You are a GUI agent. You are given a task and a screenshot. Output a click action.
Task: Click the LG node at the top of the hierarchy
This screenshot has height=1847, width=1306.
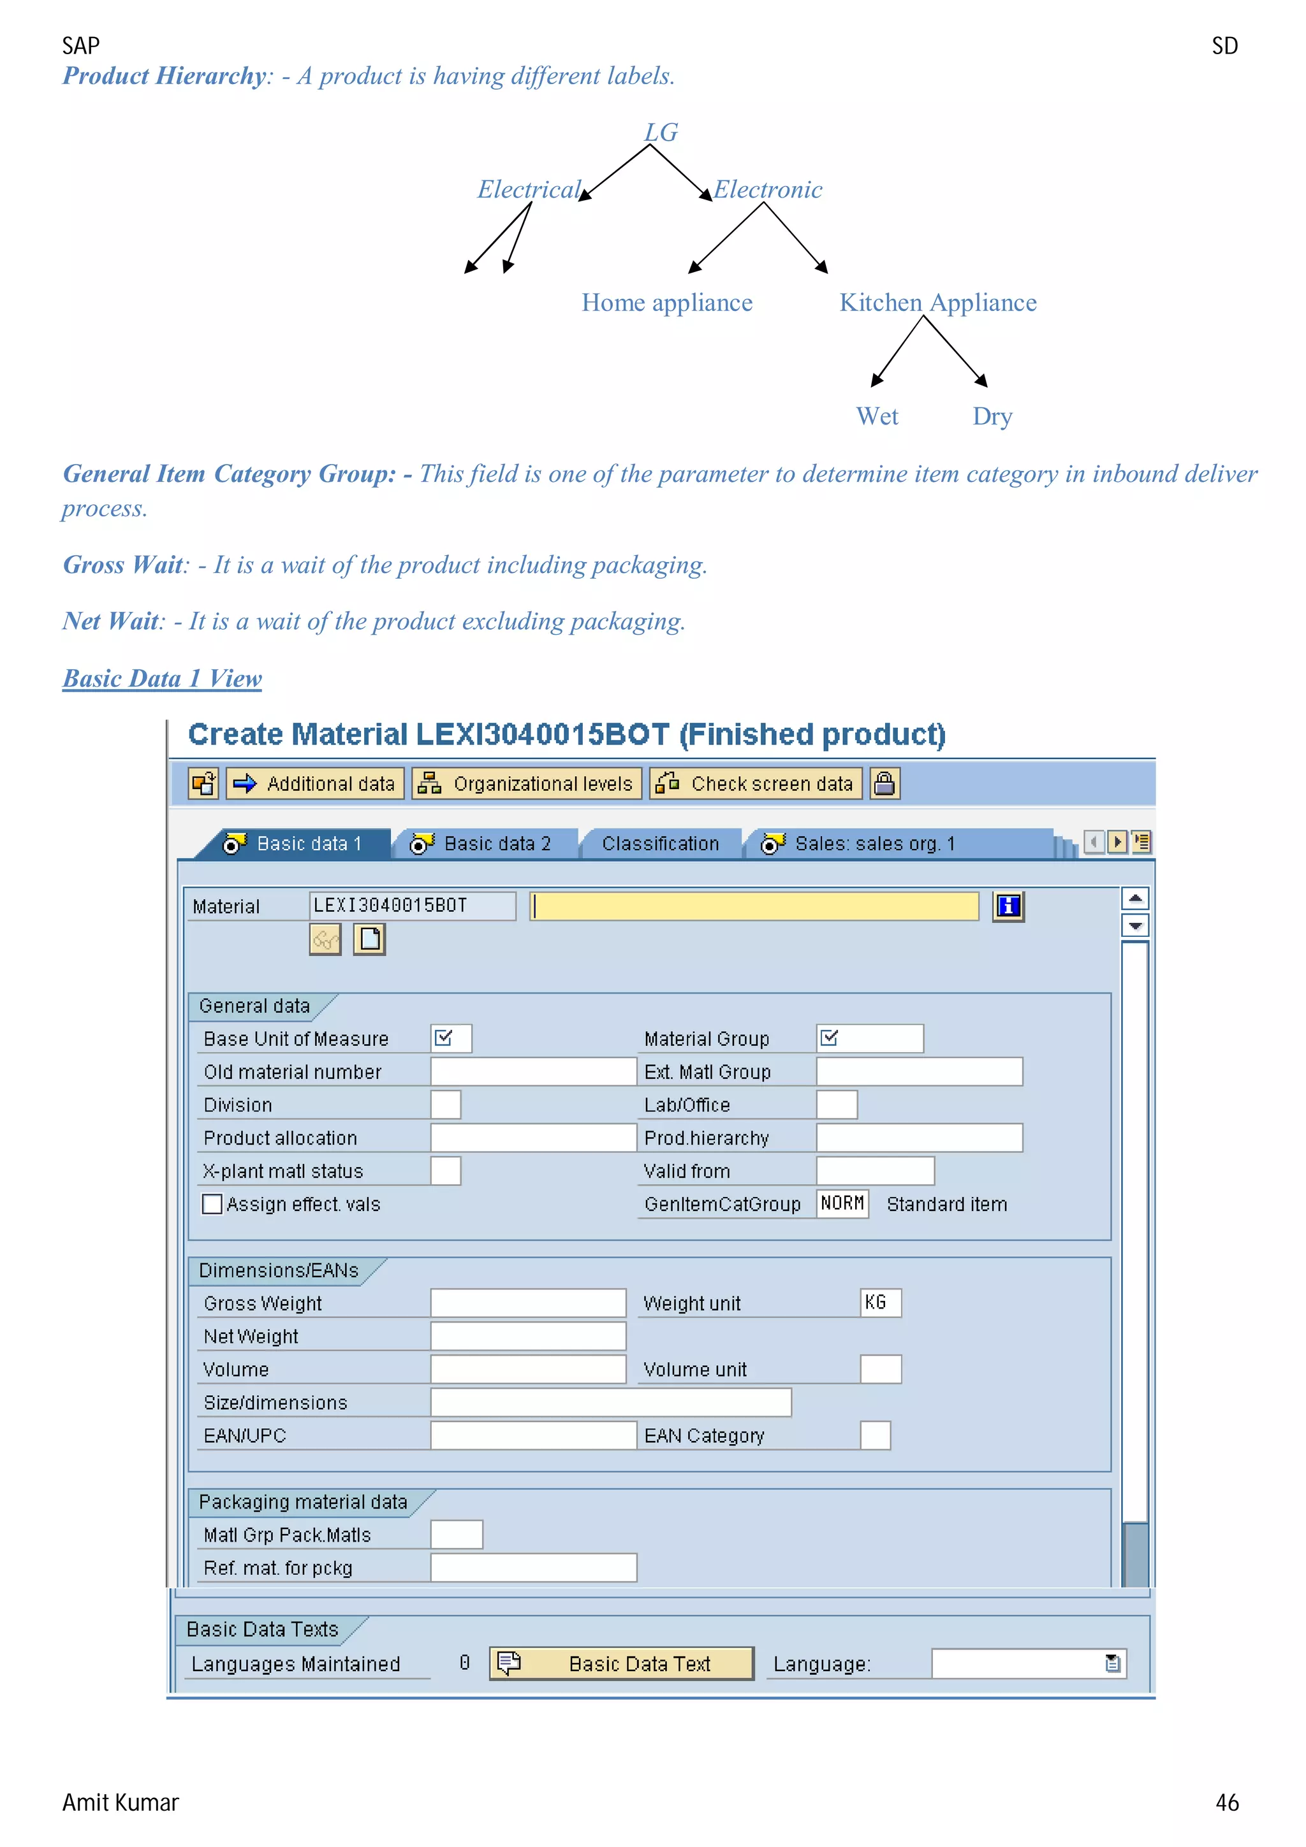coord(661,132)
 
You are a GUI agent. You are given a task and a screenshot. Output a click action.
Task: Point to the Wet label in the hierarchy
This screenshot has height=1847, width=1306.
coord(876,416)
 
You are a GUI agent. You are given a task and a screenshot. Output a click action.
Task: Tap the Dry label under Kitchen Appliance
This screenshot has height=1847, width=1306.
coord(992,416)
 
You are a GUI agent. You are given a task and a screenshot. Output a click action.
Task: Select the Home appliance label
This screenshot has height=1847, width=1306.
coord(666,303)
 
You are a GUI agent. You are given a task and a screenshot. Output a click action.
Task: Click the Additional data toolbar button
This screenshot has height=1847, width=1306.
coord(316,783)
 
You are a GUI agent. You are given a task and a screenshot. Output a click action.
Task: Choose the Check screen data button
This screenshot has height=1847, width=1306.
coord(756,783)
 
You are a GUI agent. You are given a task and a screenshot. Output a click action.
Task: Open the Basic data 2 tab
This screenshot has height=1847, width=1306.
coord(483,843)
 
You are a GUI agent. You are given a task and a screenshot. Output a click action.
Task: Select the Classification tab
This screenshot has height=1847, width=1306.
coord(660,843)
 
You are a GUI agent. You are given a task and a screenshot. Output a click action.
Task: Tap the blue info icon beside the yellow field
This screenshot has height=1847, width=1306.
coord(1008,906)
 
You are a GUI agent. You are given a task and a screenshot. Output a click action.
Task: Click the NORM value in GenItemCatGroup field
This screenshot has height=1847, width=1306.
coord(842,1203)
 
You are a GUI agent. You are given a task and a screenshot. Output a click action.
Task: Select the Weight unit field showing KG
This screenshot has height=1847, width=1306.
coord(879,1302)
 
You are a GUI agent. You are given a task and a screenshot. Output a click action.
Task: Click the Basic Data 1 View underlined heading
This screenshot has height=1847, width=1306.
coord(162,678)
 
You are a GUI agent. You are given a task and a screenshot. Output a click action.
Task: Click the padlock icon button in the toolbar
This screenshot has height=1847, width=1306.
coord(884,783)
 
